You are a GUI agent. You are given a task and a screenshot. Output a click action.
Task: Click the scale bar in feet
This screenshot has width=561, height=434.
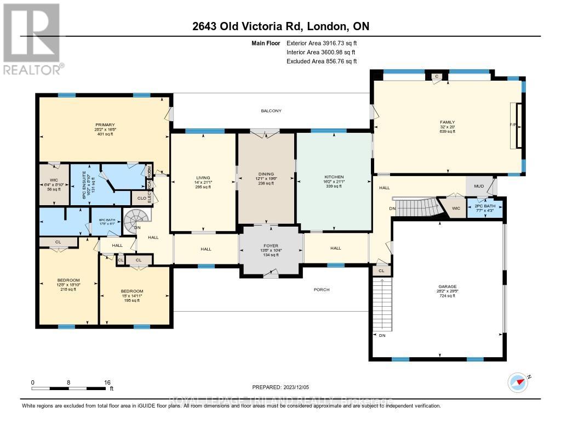pos(71,388)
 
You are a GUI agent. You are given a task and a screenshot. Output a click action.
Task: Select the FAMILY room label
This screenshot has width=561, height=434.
pos(448,122)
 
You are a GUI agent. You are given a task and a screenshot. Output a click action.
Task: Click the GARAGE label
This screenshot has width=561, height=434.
pos(448,286)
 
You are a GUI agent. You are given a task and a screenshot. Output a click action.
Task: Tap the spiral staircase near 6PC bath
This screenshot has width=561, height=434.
pos(135,221)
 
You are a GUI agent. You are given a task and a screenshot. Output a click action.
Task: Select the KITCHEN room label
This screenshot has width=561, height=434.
pos(333,177)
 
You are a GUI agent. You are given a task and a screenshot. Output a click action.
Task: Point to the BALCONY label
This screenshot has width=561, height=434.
pos(271,111)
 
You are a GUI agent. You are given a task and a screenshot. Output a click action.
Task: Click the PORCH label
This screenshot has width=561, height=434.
pos(322,289)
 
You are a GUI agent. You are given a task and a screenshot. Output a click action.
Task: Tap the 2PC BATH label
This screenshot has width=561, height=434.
pos(484,205)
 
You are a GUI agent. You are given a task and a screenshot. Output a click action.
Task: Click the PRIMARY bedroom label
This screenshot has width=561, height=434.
pos(104,125)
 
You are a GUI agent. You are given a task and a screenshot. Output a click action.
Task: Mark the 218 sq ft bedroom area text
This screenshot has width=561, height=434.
pos(68,289)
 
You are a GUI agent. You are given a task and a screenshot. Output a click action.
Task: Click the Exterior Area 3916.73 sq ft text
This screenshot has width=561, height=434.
pos(322,43)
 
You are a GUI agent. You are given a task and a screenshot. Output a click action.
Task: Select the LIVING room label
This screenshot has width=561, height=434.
pos(203,177)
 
